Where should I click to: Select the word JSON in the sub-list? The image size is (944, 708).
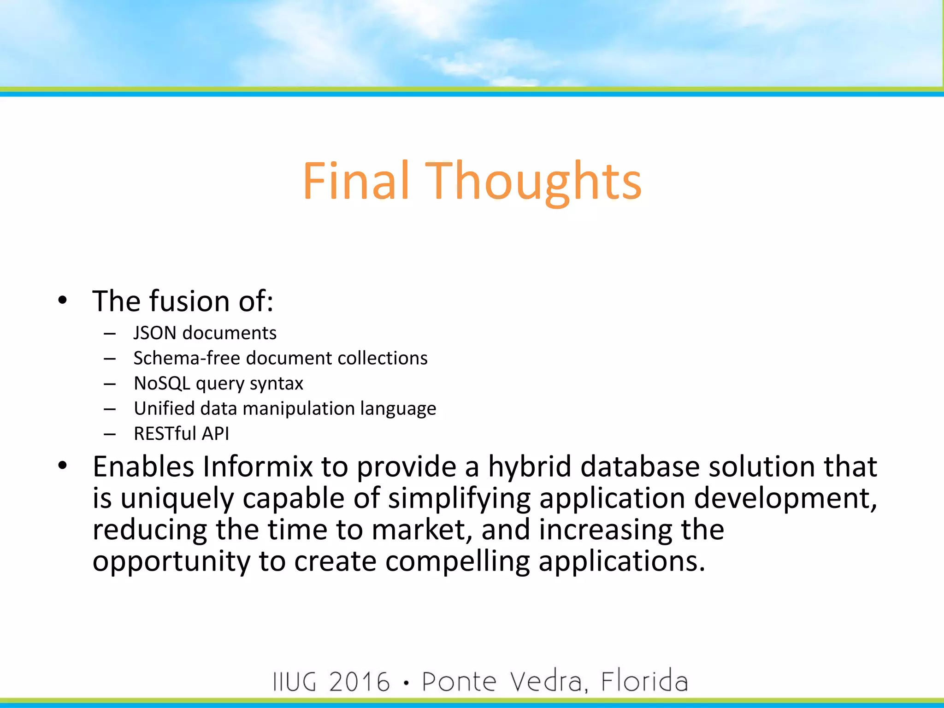(155, 333)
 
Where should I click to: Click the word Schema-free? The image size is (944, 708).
(187, 358)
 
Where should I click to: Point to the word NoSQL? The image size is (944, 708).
(162, 383)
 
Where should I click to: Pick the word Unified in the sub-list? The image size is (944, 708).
(164, 408)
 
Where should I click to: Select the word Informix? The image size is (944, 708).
(258, 466)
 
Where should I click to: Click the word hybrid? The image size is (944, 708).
(530, 466)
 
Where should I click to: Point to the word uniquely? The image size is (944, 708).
(177, 499)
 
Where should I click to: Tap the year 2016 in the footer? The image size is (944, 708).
(360, 682)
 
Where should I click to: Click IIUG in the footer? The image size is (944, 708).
(295, 682)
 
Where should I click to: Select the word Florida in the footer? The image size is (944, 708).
(644, 682)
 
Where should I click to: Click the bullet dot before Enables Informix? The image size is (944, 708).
(63, 466)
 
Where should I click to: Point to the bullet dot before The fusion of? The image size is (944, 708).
(63, 301)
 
